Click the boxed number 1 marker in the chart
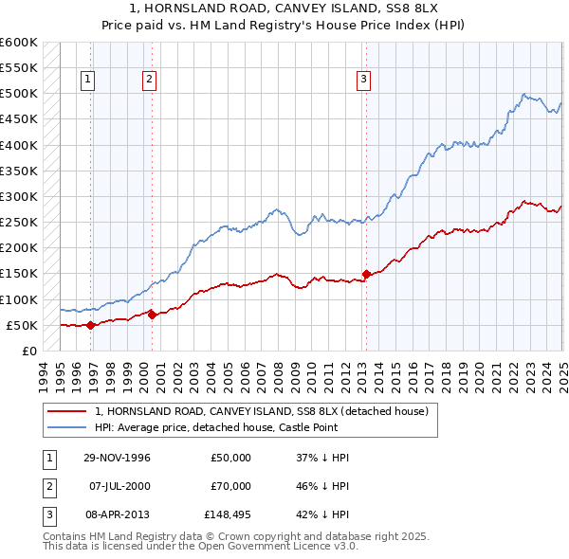click(87, 80)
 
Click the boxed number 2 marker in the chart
click(149, 80)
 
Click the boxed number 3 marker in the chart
click(364, 80)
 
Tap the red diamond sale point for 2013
click(366, 275)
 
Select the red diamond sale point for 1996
click(91, 325)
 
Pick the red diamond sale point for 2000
click(152, 315)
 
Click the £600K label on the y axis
click(19, 43)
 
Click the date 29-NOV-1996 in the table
click(118, 458)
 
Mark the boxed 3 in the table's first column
click(47, 514)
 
